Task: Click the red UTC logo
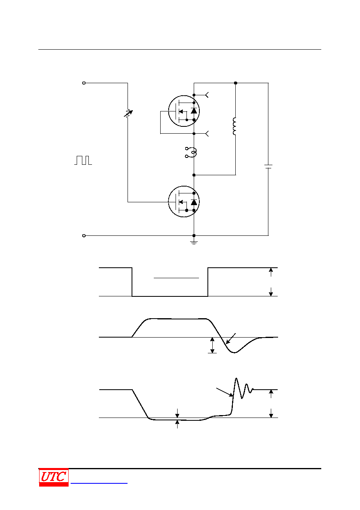tap(54, 477)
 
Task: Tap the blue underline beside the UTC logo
tap(99, 483)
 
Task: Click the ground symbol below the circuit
tap(194, 242)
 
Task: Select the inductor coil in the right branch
tap(234, 126)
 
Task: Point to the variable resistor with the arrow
tap(128, 113)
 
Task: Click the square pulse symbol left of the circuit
tap(83, 160)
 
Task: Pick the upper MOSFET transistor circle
tap(184, 111)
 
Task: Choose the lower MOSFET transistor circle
tap(184, 201)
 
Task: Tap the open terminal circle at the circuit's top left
tap(84, 83)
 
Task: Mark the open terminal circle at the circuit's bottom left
tap(84, 236)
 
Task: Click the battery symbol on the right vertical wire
tap(268, 166)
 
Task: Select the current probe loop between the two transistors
tap(191, 152)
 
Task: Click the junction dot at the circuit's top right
tap(236, 83)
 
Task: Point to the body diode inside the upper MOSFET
tap(194, 111)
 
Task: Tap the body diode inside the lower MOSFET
tap(194, 202)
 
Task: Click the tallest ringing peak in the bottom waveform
tap(236, 378)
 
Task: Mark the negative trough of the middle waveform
tap(234, 353)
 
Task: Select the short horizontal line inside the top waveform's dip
tap(176, 278)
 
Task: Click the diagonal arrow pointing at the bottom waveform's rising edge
tap(225, 392)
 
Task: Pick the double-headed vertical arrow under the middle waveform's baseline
tap(212, 345)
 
